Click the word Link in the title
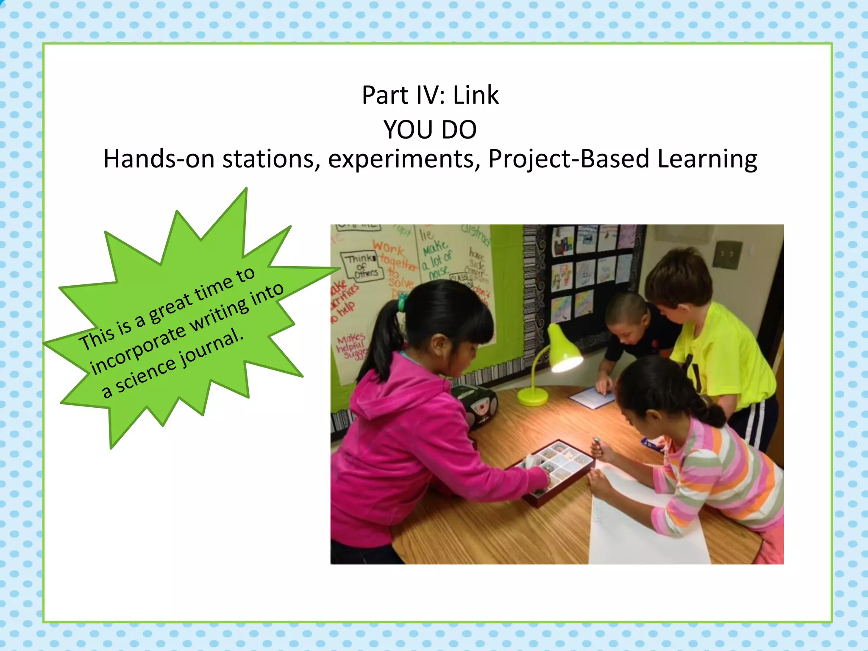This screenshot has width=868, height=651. point(476,95)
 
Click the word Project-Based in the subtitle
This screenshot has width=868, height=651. point(568,159)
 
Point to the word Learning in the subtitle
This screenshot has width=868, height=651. point(707,159)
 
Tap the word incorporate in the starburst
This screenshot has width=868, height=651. point(138,348)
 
